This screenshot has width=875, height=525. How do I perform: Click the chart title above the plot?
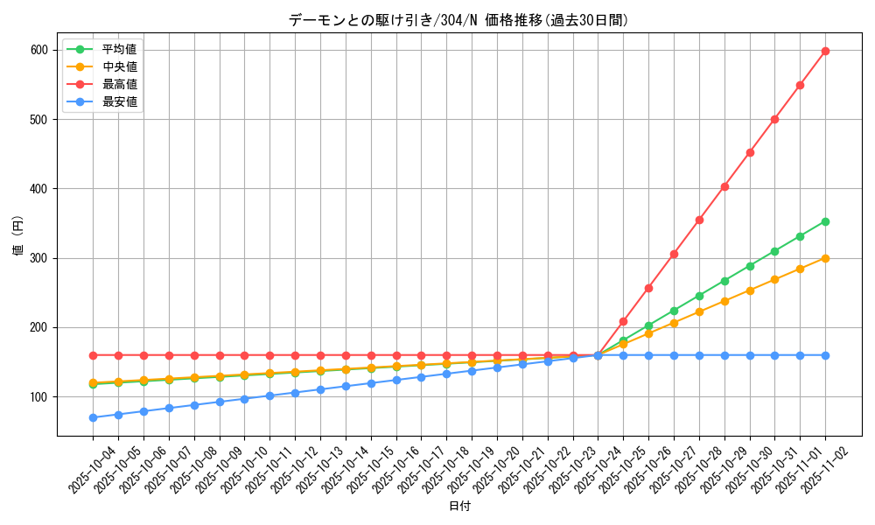[x=458, y=20]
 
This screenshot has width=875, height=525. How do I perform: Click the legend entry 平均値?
[x=119, y=49]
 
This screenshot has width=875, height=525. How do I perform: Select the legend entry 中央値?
[x=119, y=66]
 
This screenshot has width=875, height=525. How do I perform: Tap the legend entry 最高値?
[x=119, y=84]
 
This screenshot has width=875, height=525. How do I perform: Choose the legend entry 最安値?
[x=119, y=101]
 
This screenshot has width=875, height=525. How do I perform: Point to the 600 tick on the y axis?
[x=40, y=50]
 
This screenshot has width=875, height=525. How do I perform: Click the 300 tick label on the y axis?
[x=40, y=258]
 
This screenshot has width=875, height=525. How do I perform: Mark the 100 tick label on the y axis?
[x=40, y=397]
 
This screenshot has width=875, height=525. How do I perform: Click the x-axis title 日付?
[x=459, y=507]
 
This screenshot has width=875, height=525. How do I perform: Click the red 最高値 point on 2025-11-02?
[x=825, y=51]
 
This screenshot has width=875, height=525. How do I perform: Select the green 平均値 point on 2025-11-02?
[x=825, y=221]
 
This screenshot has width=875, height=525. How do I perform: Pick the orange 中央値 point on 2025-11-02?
[x=825, y=258]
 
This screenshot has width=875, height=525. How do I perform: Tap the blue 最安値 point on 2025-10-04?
[x=93, y=417]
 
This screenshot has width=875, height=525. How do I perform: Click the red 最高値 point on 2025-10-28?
[x=699, y=220]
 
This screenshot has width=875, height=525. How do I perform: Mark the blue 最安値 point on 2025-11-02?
[x=825, y=355]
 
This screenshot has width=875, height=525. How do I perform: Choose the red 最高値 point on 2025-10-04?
[x=93, y=355]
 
